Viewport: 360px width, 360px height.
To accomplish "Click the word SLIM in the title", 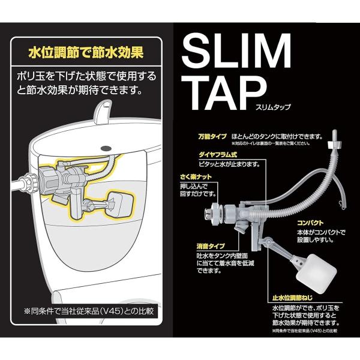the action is [x=236, y=50].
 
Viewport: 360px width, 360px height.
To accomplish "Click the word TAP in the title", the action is [x=226, y=92].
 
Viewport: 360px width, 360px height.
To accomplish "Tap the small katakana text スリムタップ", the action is [x=273, y=107].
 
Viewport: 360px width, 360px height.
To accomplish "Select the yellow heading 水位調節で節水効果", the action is [x=86, y=52].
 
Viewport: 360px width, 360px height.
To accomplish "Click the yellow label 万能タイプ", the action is [x=212, y=136].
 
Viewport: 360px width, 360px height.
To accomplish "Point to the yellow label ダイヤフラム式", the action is [x=218, y=155].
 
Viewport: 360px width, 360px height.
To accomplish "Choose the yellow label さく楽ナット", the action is [x=196, y=177].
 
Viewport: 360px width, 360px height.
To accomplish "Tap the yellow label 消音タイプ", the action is [x=211, y=247].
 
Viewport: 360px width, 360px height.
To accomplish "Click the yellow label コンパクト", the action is [x=310, y=223].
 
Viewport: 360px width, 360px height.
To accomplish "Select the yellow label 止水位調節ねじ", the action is [x=292, y=298].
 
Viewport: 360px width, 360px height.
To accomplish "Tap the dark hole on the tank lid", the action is [x=106, y=148].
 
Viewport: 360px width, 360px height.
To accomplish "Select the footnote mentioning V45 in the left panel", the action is [x=89, y=311].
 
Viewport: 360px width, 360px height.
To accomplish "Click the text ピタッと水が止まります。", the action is [x=229, y=164].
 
